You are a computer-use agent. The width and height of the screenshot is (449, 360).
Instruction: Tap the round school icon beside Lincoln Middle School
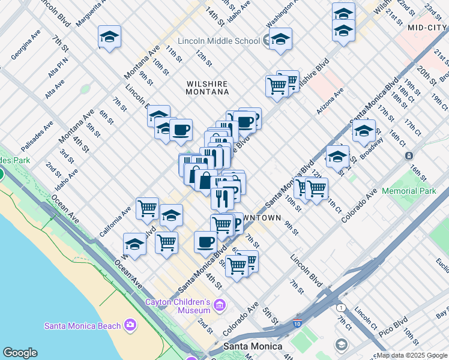point(268,40)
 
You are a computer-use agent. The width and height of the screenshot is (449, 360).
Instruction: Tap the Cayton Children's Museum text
point(178,306)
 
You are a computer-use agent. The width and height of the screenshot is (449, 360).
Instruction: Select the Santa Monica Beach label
point(83,326)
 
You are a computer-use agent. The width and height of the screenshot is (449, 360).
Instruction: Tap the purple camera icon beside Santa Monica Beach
point(130,326)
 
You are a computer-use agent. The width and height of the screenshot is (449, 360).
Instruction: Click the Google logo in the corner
point(20,353)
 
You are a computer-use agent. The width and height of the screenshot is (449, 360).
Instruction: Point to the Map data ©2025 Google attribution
point(412,355)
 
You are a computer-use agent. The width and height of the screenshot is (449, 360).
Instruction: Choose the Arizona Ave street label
point(330,101)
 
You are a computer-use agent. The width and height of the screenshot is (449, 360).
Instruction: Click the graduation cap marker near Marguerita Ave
point(109,37)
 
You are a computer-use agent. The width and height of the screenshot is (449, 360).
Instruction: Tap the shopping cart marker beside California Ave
point(147,209)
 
